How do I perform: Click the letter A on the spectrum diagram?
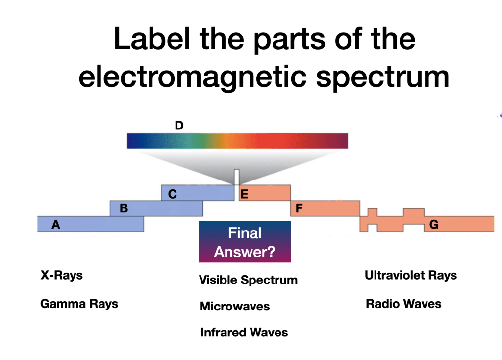coord(56,225)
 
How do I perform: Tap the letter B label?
coord(124,208)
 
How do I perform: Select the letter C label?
coord(173,194)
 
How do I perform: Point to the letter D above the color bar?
coord(179,126)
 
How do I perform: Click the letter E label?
coord(244,194)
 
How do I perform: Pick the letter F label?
coord(298,208)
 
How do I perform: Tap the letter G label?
coord(433,225)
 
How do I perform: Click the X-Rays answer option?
coord(61,275)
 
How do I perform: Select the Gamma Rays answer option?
coord(79,304)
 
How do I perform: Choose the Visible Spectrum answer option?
coord(248,280)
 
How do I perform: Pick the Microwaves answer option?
coord(234,307)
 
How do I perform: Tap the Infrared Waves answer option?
coord(244,333)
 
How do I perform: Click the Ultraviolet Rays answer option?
coord(411,275)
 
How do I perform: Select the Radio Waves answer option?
coord(403,304)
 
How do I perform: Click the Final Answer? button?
coord(245,242)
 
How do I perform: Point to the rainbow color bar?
coord(237,141)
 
